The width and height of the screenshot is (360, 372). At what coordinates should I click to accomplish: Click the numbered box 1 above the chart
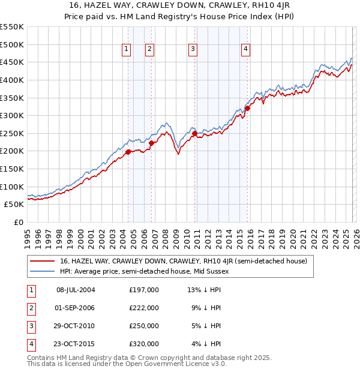(x=127, y=50)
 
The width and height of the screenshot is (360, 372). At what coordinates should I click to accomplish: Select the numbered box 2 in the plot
(x=149, y=50)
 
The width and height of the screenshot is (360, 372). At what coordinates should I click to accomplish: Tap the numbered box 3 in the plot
(x=193, y=50)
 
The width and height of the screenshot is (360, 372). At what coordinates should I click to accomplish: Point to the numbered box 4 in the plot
(x=245, y=50)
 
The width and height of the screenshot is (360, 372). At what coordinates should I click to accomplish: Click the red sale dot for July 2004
(x=128, y=152)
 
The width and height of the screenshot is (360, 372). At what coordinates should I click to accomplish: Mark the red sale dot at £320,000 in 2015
(x=247, y=109)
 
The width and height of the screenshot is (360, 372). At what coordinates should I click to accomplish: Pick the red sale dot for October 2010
(x=194, y=133)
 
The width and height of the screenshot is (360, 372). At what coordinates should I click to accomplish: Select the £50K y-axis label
(x=14, y=204)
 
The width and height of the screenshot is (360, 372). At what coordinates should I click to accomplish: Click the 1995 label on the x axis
(x=28, y=237)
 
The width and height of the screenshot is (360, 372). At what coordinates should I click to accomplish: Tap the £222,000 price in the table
(x=144, y=308)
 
